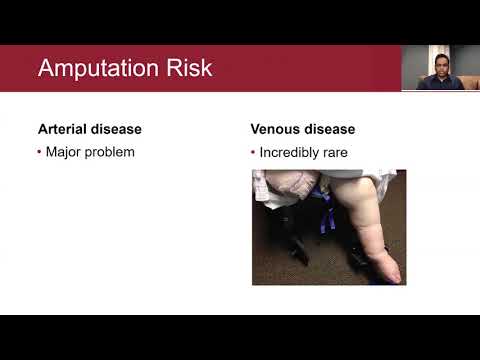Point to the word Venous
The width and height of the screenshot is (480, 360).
pyautogui.click(x=276, y=130)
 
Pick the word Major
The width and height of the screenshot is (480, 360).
pyautogui.click(x=63, y=152)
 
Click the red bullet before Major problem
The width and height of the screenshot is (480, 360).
pyautogui.click(x=39, y=152)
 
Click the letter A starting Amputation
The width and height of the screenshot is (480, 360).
pyautogui.click(x=45, y=70)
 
